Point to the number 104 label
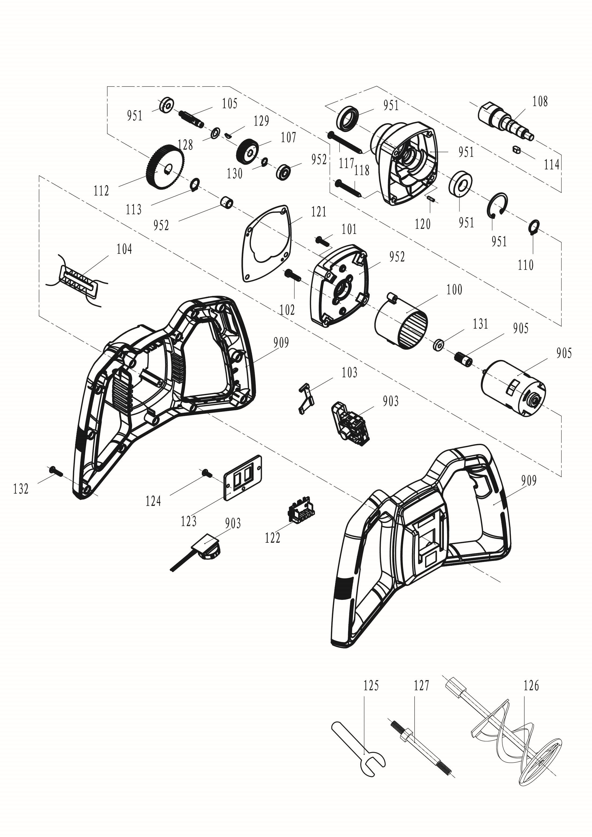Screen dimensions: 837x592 (x=124, y=249)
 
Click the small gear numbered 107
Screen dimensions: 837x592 (x=248, y=150)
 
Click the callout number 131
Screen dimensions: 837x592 (x=480, y=324)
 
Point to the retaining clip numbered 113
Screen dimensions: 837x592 (x=195, y=184)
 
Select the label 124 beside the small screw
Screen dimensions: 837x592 (x=153, y=502)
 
